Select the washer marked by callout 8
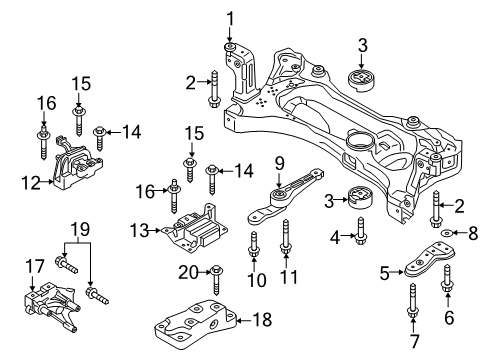click(445, 232)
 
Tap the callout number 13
click(139, 230)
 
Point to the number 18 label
click(262, 319)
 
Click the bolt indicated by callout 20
click(216, 280)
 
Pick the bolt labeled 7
click(413, 300)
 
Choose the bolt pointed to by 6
click(447, 280)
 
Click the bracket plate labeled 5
click(429, 261)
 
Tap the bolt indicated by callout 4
click(360, 231)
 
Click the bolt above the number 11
click(286, 238)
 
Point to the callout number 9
click(279, 163)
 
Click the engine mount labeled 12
click(78, 163)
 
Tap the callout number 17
click(35, 266)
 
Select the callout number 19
click(80, 229)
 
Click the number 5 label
click(384, 273)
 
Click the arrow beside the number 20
click(205, 272)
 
